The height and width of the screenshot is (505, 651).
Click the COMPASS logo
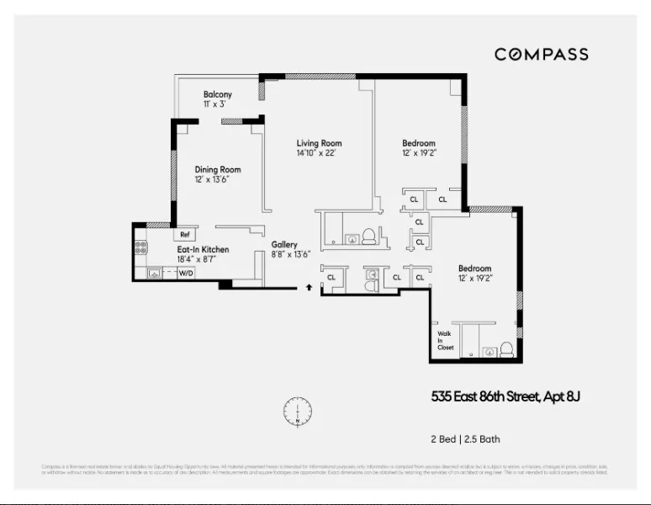coord(541,55)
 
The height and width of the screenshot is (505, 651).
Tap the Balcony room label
coord(218,94)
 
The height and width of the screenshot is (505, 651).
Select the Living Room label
coord(319,143)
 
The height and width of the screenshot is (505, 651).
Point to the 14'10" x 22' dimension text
coord(316,154)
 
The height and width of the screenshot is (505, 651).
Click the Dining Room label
coord(218,169)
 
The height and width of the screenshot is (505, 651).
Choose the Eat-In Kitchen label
coord(202,249)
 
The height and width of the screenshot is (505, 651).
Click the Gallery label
coord(285,244)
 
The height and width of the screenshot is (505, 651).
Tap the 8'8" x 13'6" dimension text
coord(291,255)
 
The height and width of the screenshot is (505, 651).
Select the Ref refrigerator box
coord(184,235)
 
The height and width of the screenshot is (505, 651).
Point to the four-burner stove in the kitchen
coord(140,248)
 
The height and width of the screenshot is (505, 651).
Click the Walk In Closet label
coord(445,339)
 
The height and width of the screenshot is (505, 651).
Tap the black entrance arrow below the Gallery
coord(310,288)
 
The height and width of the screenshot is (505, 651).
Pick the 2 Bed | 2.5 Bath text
coord(464,439)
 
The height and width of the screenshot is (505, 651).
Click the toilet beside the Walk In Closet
coord(506,348)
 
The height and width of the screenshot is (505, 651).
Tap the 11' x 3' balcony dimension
coord(214,104)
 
